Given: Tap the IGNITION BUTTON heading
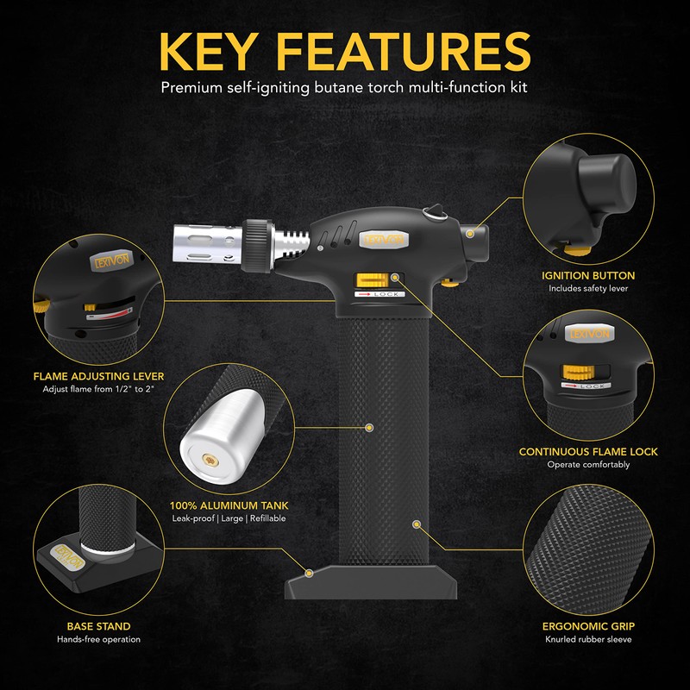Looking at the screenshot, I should click(x=589, y=276).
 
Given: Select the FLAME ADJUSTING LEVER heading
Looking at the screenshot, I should click(x=98, y=376).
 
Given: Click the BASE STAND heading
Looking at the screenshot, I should click(x=98, y=626).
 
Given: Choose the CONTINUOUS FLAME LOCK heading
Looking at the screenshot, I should click(x=588, y=451).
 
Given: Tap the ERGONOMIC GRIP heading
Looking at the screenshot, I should click(x=589, y=627).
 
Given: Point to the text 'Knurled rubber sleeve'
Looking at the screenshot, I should click(x=589, y=640).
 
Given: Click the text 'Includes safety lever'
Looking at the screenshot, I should click(x=589, y=289).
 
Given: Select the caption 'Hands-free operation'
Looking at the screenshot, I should click(x=98, y=639).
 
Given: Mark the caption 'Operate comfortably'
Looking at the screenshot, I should click(x=588, y=464).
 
